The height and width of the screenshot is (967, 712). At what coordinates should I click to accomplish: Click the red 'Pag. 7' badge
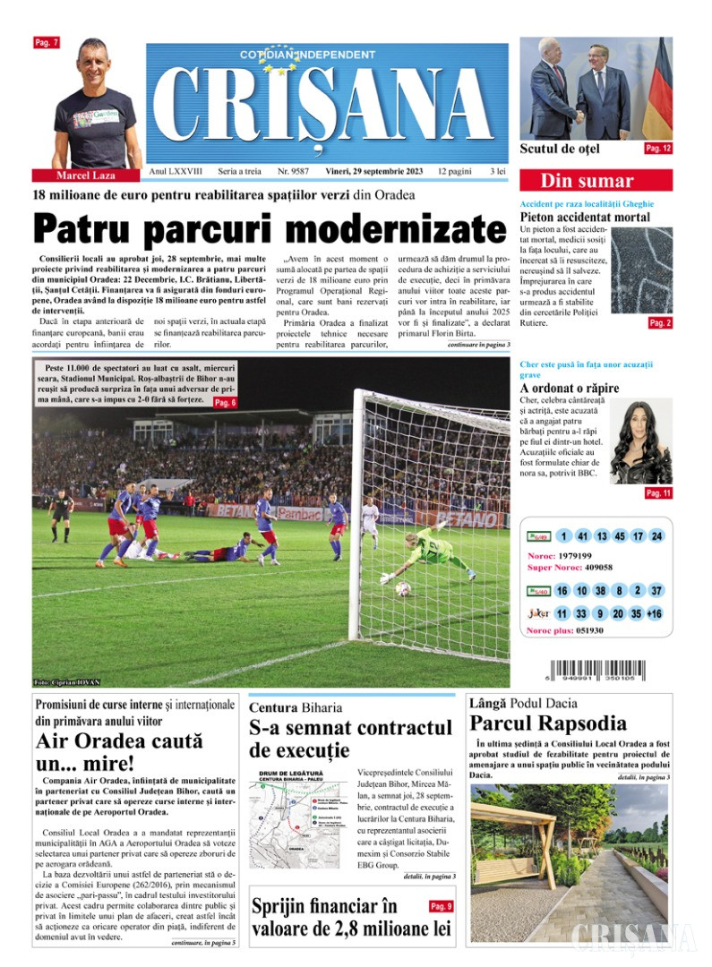pyautogui.click(x=46, y=42)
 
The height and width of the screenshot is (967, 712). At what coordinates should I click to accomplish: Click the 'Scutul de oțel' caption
pyautogui.click(x=560, y=149)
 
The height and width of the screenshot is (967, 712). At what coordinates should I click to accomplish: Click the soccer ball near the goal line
pyautogui.click(x=403, y=588)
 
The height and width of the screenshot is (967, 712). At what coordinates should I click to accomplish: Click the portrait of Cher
pyautogui.click(x=641, y=442)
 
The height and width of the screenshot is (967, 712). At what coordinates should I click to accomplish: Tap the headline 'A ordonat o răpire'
pyautogui.click(x=570, y=389)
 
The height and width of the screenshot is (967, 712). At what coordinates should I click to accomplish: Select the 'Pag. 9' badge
pyautogui.click(x=441, y=906)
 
